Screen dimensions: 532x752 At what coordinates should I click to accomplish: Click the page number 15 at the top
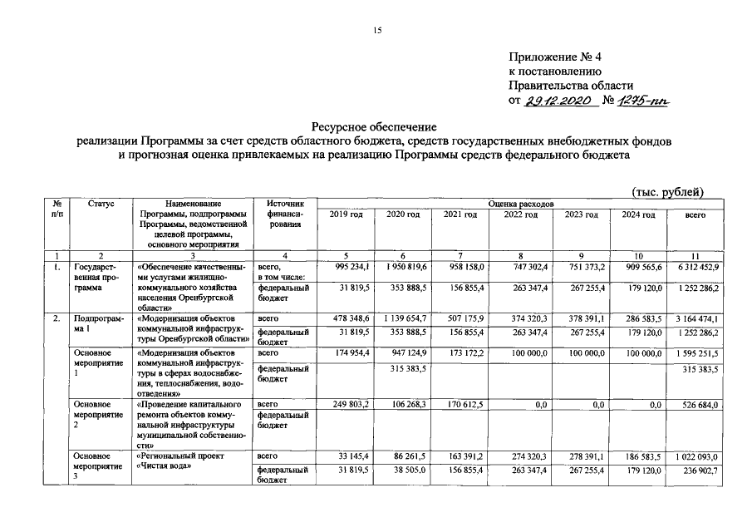click(376, 31)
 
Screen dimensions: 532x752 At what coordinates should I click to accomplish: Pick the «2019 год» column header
click(346, 215)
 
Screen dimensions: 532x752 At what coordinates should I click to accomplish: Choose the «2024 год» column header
click(638, 215)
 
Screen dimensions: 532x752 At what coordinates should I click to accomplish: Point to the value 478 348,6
click(351, 318)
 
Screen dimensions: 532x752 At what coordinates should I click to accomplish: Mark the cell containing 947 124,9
click(409, 353)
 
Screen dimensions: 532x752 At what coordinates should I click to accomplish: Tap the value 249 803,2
click(351, 405)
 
